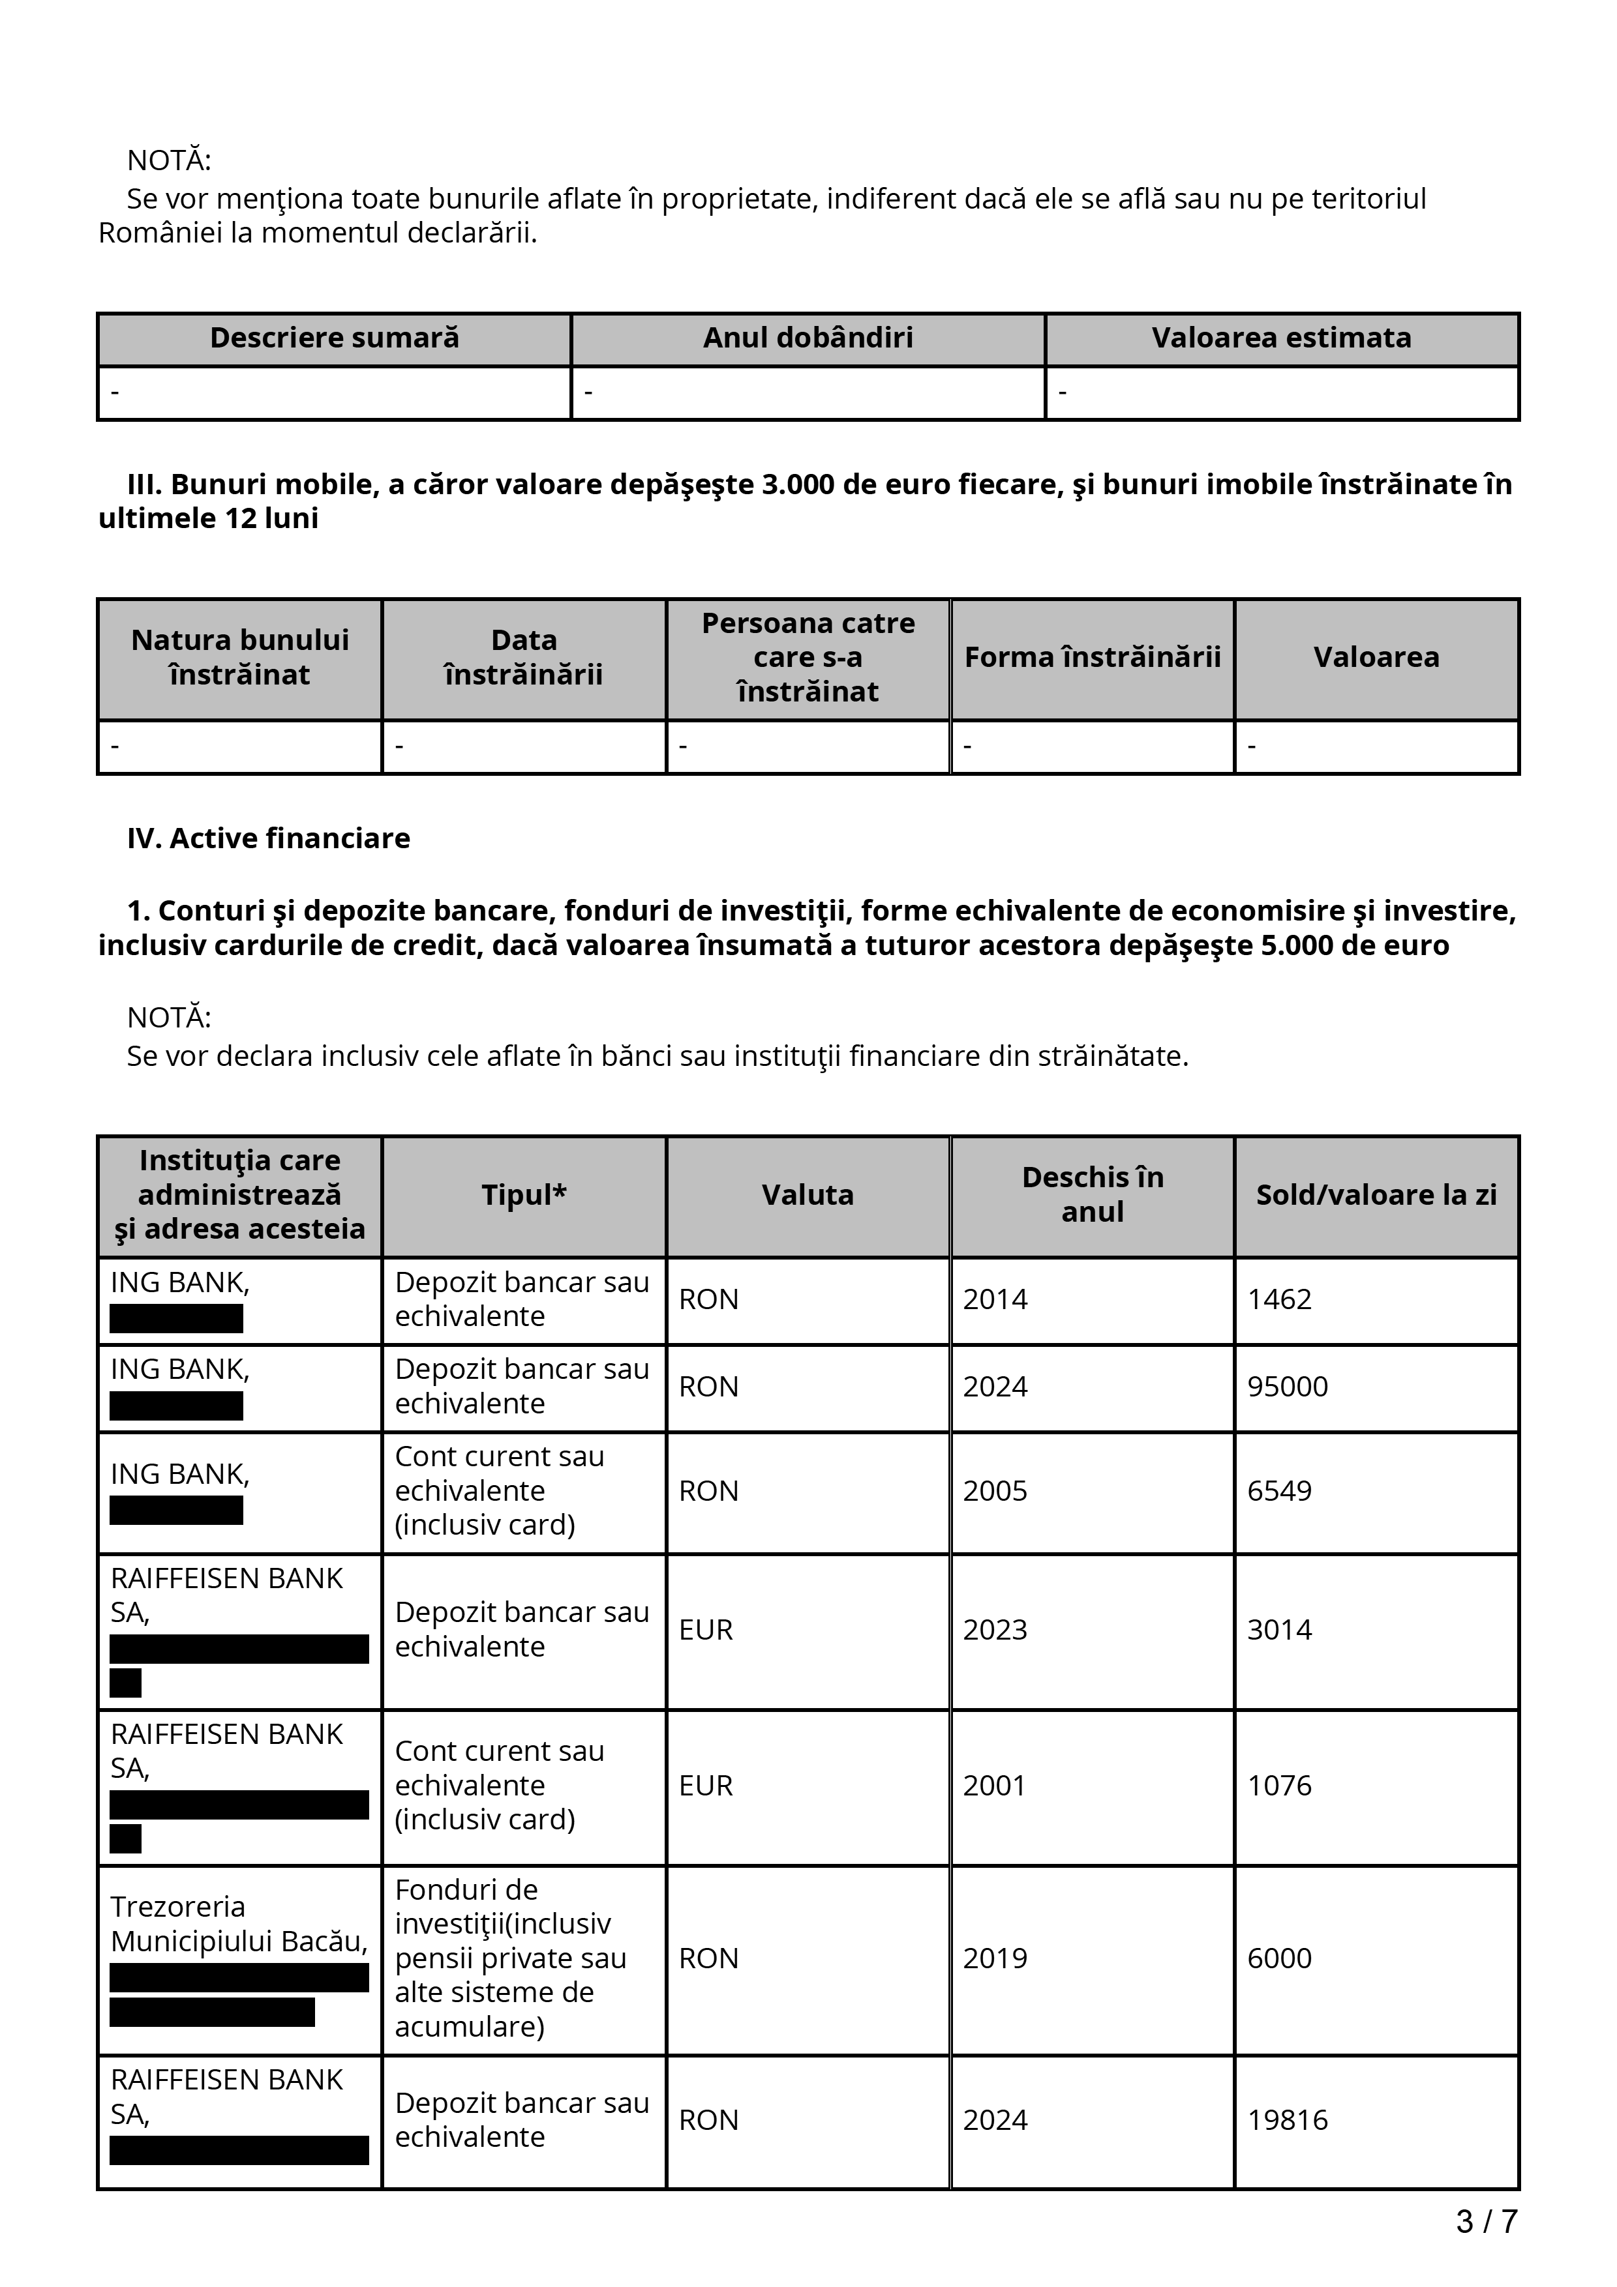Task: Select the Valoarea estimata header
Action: click(x=1280, y=338)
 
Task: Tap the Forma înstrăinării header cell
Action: click(x=1092, y=657)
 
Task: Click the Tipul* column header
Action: click(x=523, y=1195)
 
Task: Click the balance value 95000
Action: click(x=1287, y=1387)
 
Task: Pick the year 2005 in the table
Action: click(x=994, y=1491)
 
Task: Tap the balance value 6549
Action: click(x=1279, y=1491)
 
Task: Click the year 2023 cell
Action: click(x=994, y=1630)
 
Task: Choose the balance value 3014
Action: click(x=1279, y=1630)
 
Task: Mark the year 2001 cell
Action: click(x=994, y=1785)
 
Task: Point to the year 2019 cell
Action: click(x=994, y=1958)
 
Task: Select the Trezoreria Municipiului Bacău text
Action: click(x=238, y=1925)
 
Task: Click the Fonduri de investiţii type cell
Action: click(x=510, y=1958)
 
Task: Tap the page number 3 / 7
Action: click(x=1485, y=2221)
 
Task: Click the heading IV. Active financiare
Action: click(x=268, y=838)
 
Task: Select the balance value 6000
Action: click(x=1279, y=1958)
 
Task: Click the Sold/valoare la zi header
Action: click(x=1376, y=1195)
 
